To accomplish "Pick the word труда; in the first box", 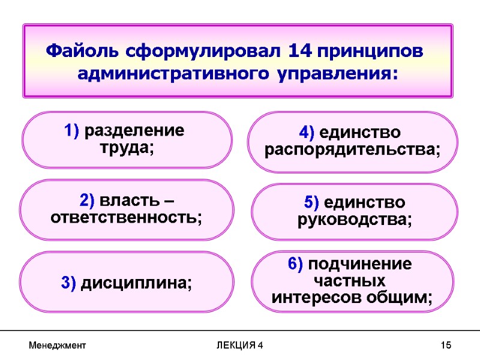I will (127, 148).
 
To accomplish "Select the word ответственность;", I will (127, 217).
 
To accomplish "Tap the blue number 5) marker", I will (307, 202).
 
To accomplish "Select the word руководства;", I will (355, 220).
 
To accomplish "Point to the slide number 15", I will (445, 346).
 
